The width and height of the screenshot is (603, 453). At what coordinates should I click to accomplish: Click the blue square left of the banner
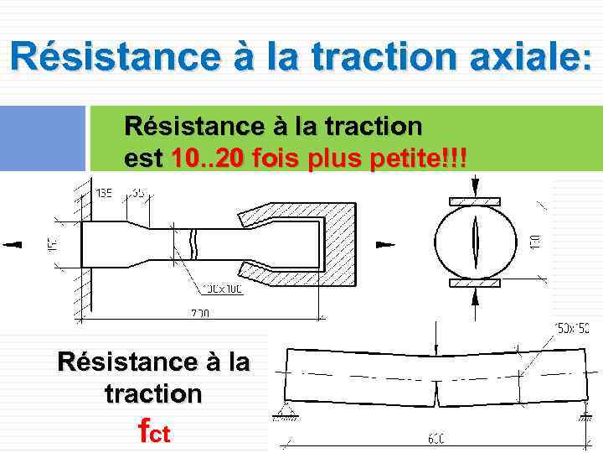pyautogui.click(x=43, y=138)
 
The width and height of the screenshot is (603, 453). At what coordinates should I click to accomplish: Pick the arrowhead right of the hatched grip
pyautogui.click(x=384, y=244)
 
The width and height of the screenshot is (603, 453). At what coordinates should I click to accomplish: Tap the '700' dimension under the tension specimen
pyautogui.click(x=198, y=313)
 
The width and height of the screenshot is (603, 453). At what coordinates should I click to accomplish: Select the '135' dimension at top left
pyautogui.click(x=105, y=194)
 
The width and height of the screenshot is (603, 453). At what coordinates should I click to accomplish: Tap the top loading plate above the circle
pyautogui.click(x=475, y=201)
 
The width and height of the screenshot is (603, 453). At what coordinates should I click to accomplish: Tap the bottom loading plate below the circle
pyautogui.click(x=475, y=284)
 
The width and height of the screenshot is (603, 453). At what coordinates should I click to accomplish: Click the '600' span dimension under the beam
pyautogui.click(x=435, y=438)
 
